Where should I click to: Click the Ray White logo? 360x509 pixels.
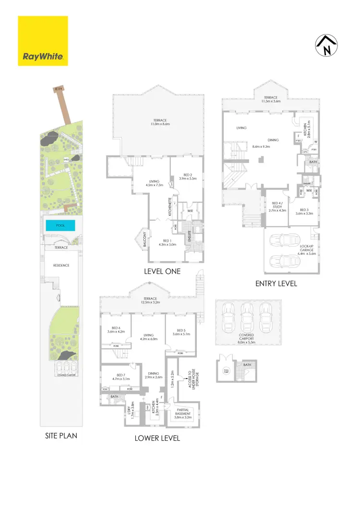(43, 41)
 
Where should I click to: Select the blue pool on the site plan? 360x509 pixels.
(61, 225)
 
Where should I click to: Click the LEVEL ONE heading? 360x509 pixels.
(162, 272)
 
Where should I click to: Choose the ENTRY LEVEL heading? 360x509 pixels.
(276, 284)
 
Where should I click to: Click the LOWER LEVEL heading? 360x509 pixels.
(158, 438)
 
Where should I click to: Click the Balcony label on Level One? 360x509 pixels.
(143, 237)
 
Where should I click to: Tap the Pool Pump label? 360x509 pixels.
(227, 370)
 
